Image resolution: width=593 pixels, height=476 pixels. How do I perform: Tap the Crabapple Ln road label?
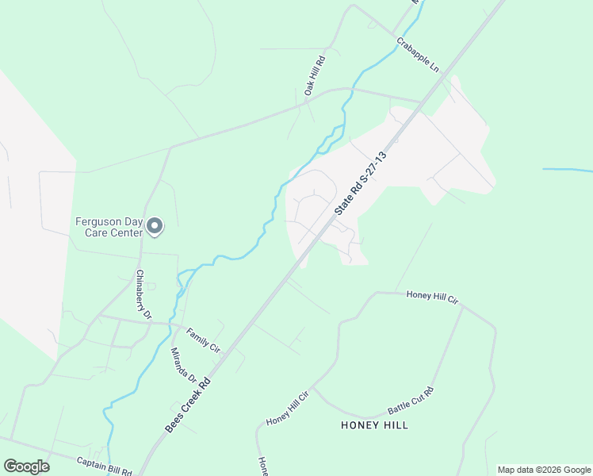417,54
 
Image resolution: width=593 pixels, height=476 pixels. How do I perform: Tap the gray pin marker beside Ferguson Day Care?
155,228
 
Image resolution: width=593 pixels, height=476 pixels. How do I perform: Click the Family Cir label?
204,342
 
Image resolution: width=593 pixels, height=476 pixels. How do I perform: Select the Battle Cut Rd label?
411,401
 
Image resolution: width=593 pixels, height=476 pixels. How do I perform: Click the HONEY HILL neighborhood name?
374,425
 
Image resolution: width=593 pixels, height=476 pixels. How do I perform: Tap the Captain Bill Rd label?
104,466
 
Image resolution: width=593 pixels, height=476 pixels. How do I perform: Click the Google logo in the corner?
26,466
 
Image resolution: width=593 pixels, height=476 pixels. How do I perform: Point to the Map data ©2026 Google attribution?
543,470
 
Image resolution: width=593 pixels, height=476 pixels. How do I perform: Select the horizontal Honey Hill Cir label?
432,296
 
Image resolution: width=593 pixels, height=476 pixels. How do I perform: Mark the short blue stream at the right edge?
567,170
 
